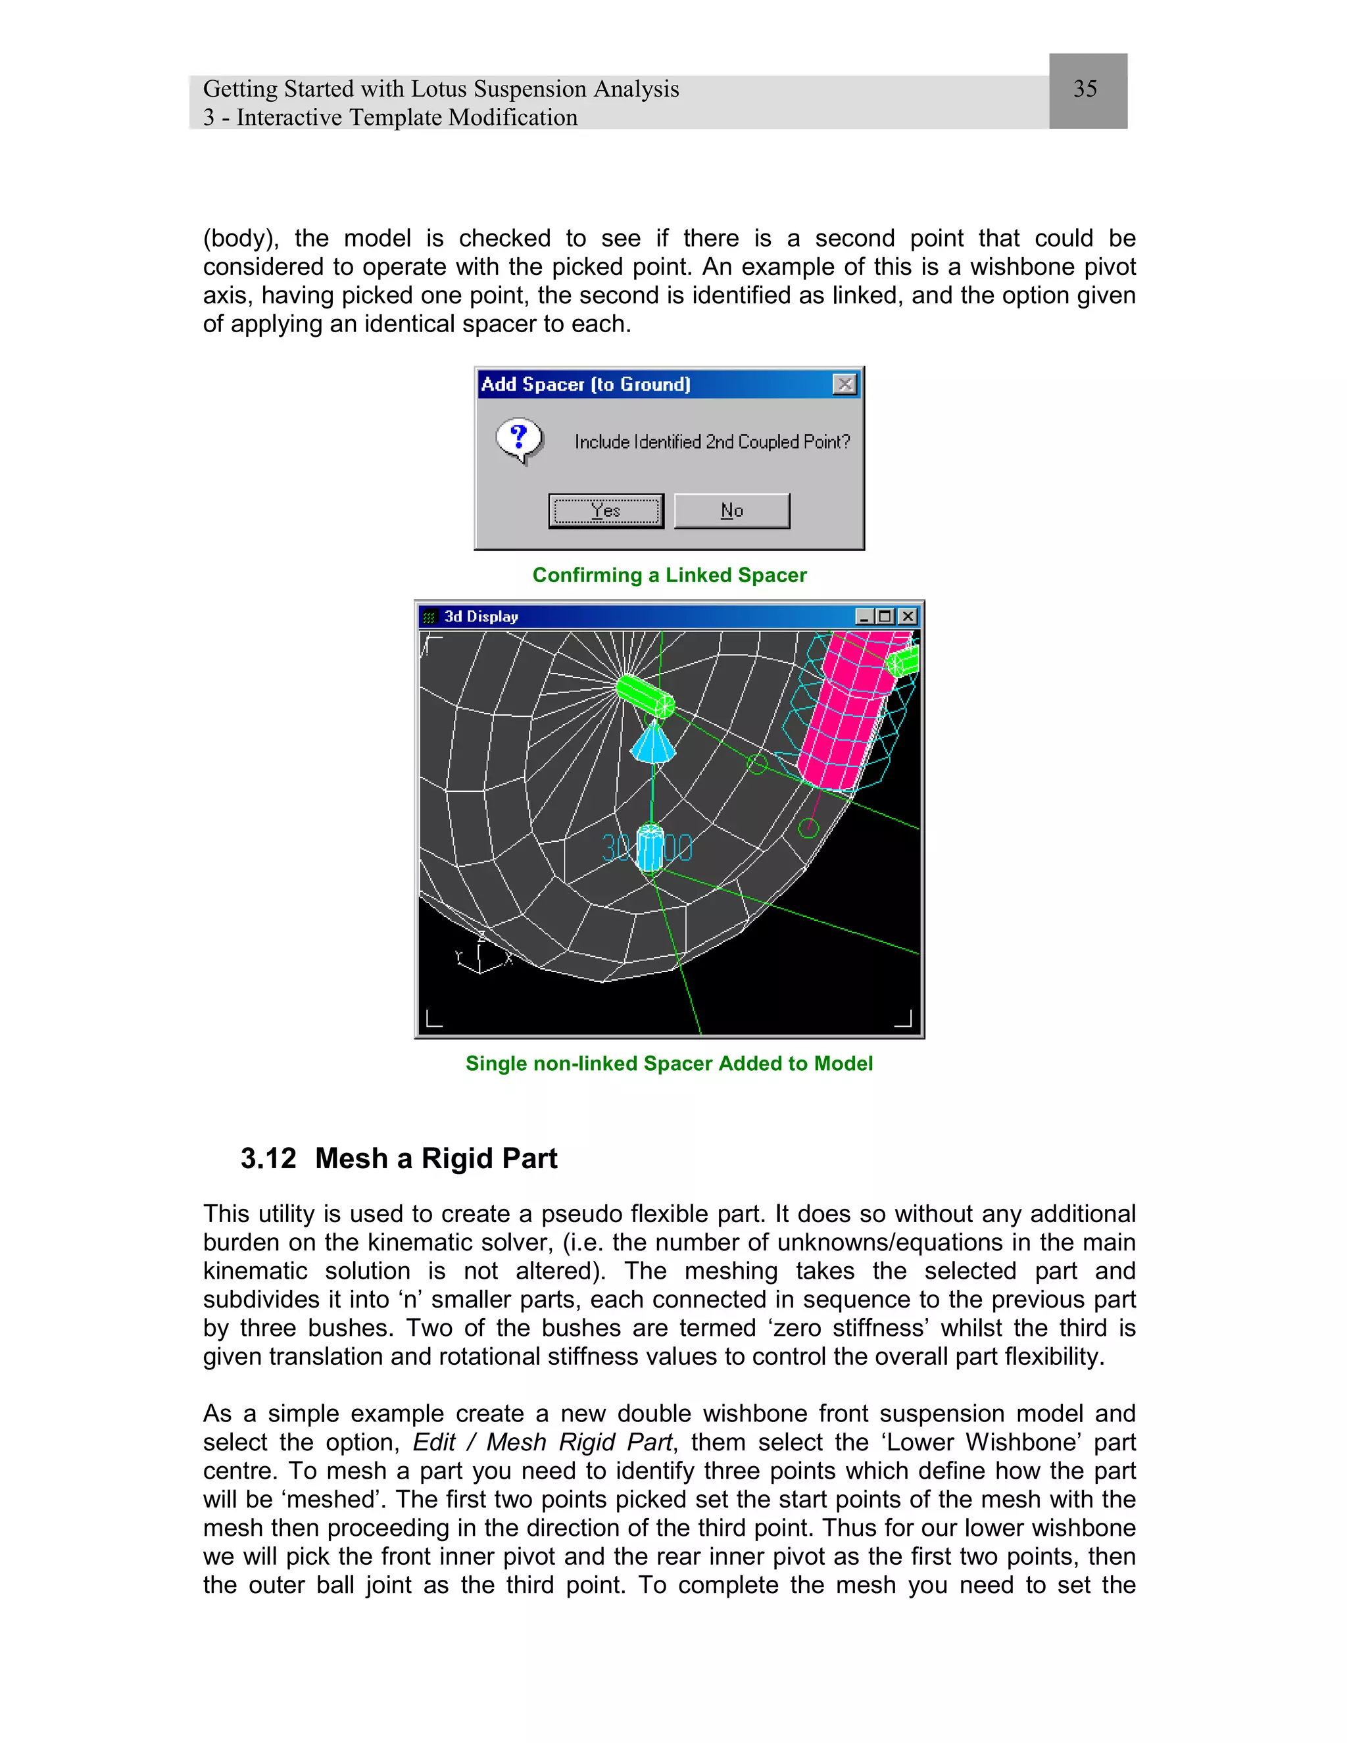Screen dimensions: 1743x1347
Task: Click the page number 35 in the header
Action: click(1085, 89)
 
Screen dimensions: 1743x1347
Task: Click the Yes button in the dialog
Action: click(606, 511)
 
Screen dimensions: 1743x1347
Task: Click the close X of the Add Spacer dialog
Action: click(845, 385)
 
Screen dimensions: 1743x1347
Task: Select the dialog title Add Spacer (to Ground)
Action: click(585, 385)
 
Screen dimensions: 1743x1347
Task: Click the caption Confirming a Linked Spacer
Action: click(670, 576)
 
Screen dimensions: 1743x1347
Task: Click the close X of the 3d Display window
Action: click(907, 617)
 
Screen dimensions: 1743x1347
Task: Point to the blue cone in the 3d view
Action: click(652, 745)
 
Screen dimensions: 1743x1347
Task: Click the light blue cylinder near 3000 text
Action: click(650, 848)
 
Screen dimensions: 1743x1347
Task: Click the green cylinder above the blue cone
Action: click(645, 695)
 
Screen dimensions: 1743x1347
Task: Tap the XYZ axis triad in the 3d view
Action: click(481, 954)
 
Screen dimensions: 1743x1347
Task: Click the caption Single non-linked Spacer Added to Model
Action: click(669, 1064)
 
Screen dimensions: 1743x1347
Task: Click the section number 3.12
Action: click(268, 1159)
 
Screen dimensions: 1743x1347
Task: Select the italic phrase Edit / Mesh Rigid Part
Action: click(543, 1443)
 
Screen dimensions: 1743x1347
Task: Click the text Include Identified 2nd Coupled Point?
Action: click(712, 442)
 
